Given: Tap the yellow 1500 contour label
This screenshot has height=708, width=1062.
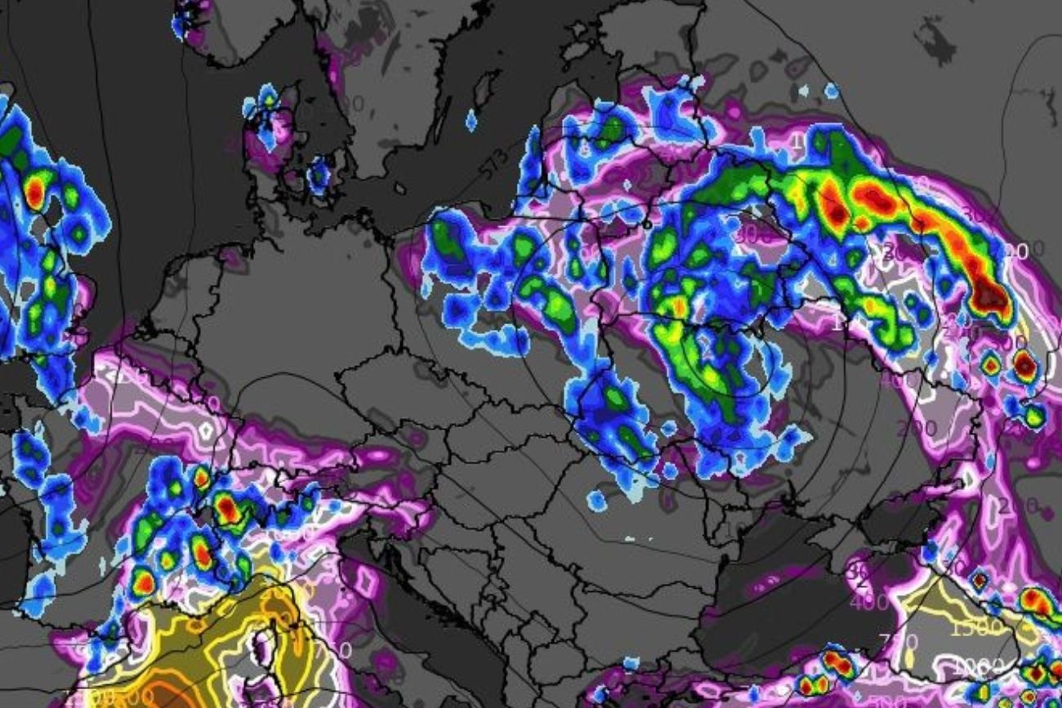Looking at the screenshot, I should (975, 627).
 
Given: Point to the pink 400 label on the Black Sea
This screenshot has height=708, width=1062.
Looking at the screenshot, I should (868, 603).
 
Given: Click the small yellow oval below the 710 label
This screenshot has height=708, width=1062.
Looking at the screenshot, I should (910, 657).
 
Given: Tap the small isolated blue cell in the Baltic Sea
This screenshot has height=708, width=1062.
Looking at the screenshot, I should (471, 121).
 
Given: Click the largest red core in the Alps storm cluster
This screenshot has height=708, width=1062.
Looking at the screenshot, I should (228, 510).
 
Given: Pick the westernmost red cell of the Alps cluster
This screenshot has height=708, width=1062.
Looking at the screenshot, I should (144, 583).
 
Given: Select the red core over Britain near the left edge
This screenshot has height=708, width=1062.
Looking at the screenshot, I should (34, 191).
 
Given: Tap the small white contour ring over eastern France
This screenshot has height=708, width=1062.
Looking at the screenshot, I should (205, 428).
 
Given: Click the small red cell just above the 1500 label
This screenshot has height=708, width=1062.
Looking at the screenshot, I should (979, 581).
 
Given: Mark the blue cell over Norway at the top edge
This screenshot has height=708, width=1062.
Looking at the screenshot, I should (189, 18).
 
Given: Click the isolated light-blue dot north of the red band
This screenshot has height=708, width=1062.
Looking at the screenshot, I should (831, 91).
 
